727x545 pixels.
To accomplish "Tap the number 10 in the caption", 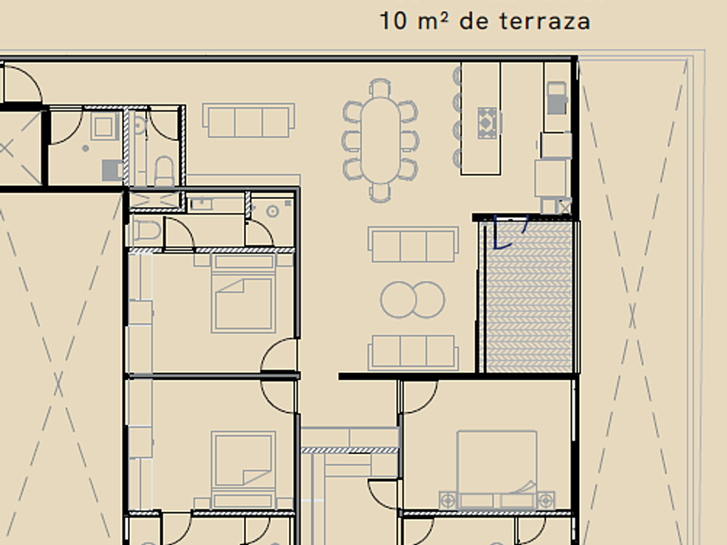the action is click(x=393, y=22).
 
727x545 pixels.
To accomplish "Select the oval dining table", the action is click(x=381, y=140).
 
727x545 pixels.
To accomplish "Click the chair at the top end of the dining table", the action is click(x=381, y=88).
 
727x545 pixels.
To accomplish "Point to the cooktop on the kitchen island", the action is click(x=487, y=123).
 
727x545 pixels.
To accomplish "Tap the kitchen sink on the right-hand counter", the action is click(x=557, y=98).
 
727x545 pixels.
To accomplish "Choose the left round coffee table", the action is click(x=398, y=300).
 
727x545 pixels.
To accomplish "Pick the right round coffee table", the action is click(x=428, y=300).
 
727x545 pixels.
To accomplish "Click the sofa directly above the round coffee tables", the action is click(x=413, y=244).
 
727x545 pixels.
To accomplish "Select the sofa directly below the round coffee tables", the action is click(x=413, y=353).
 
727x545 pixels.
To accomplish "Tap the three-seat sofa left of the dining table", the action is click(x=248, y=120).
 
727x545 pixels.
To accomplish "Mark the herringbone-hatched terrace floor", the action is click(x=528, y=297).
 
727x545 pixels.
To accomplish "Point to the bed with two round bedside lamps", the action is click(x=497, y=470).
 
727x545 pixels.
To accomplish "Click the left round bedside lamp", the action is click(x=448, y=501).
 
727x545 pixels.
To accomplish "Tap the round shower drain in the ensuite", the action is click(x=273, y=212).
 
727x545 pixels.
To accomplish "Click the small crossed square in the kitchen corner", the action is click(x=564, y=207).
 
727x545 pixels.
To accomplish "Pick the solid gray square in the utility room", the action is click(x=112, y=170).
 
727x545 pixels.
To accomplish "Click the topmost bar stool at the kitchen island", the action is click(x=458, y=74).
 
